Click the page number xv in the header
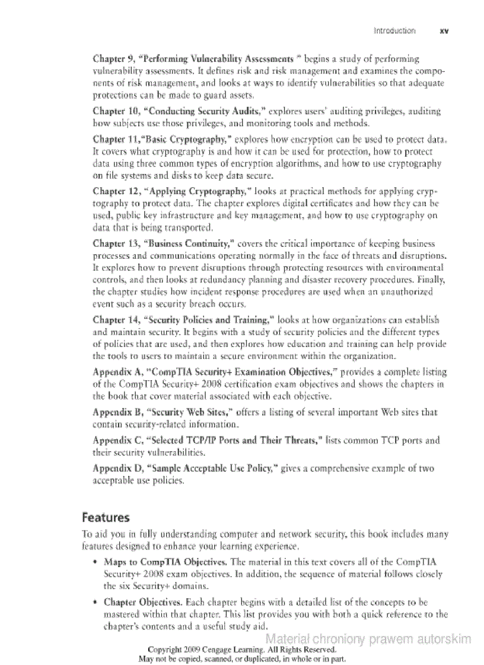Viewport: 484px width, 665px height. (443, 31)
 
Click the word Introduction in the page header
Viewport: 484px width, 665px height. (394, 31)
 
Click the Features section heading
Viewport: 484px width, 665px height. (106, 518)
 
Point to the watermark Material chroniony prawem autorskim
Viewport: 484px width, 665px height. (368, 639)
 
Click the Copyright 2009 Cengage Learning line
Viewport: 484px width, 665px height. (242, 650)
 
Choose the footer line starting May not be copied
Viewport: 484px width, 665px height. (242, 658)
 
